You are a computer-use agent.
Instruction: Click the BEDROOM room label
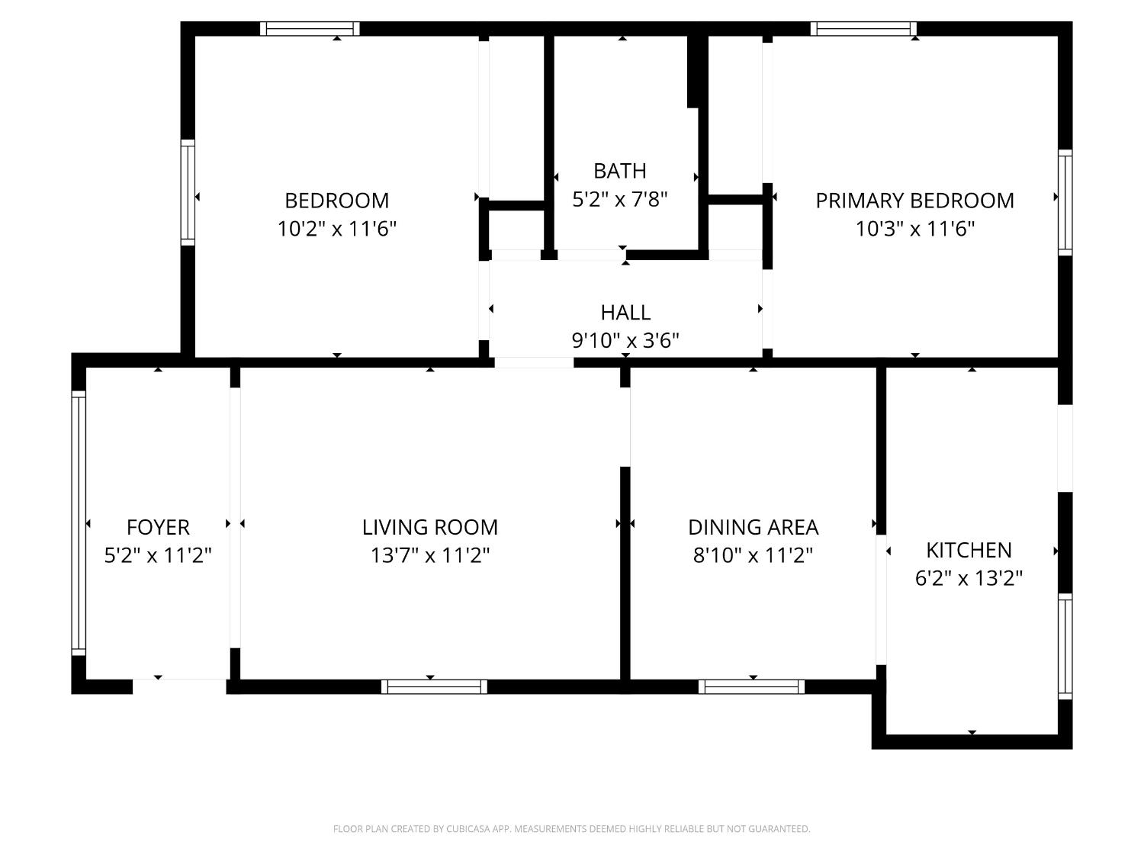tap(336, 201)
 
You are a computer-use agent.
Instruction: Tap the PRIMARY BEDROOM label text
tap(914, 201)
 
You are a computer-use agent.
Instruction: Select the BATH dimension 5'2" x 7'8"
tap(620, 199)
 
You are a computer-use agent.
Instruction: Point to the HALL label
tap(625, 313)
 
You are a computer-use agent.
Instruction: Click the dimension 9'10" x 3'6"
tap(625, 340)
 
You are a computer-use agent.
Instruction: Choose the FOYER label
tap(158, 527)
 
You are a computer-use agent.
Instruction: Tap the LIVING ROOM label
tap(430, 527)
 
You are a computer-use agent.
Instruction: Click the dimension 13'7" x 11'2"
tap(430, 555)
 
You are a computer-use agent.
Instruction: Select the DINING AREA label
tap(753, 527)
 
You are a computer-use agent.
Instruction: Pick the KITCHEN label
tap(969, 550)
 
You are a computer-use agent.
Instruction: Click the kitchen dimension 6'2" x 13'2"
tap(969, 578)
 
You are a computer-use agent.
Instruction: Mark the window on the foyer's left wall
tap(79, 523)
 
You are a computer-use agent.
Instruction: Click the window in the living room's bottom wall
tap(434, 686)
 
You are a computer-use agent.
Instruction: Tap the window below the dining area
tap(751, 686)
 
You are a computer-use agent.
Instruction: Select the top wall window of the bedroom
tap(310, 29)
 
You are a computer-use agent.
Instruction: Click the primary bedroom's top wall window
tap(863, 29)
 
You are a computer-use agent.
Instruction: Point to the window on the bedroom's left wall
tap(188, 192)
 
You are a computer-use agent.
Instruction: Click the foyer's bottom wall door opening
tap(179, 686)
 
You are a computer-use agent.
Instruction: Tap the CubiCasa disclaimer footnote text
tap(571, 829)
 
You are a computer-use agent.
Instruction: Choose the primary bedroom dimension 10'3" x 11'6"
tap(914, 228)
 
